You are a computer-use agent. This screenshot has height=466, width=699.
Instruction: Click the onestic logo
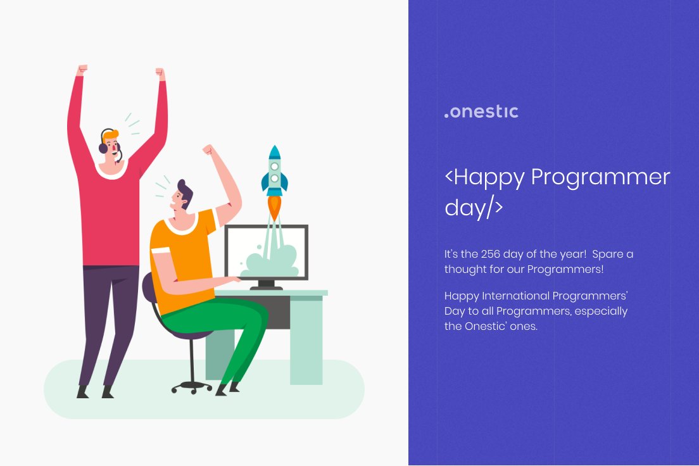coord(481,112)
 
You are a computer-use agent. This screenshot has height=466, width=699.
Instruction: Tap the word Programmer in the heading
coord(600,177)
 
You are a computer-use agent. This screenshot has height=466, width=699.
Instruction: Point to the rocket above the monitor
coord(274,172)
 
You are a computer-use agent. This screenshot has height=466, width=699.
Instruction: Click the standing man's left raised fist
coord(81,70)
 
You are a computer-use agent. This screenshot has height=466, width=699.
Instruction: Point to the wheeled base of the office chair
coord(192,386)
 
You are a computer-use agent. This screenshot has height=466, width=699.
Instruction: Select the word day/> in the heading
coord(474,208)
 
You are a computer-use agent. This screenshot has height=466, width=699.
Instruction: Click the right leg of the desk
coord(306,342)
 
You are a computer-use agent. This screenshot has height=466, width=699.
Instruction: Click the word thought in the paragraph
coord(466,269)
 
